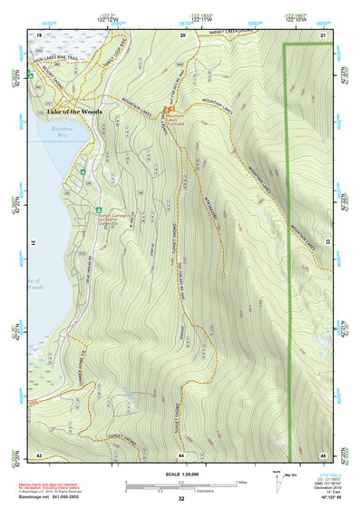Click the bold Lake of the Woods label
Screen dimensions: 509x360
pos(69,112)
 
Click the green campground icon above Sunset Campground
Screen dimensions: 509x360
pos(98,210)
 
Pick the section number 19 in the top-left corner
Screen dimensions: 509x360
pos(39,34)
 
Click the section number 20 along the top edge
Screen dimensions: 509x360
pos(182,34)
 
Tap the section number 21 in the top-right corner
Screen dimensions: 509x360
pos(323,34)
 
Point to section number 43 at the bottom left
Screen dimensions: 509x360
pos(39,454)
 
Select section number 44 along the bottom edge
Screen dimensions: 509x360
pos(181,454)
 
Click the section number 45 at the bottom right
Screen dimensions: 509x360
pos(323,454)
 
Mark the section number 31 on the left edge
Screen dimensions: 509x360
pos(33,243)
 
